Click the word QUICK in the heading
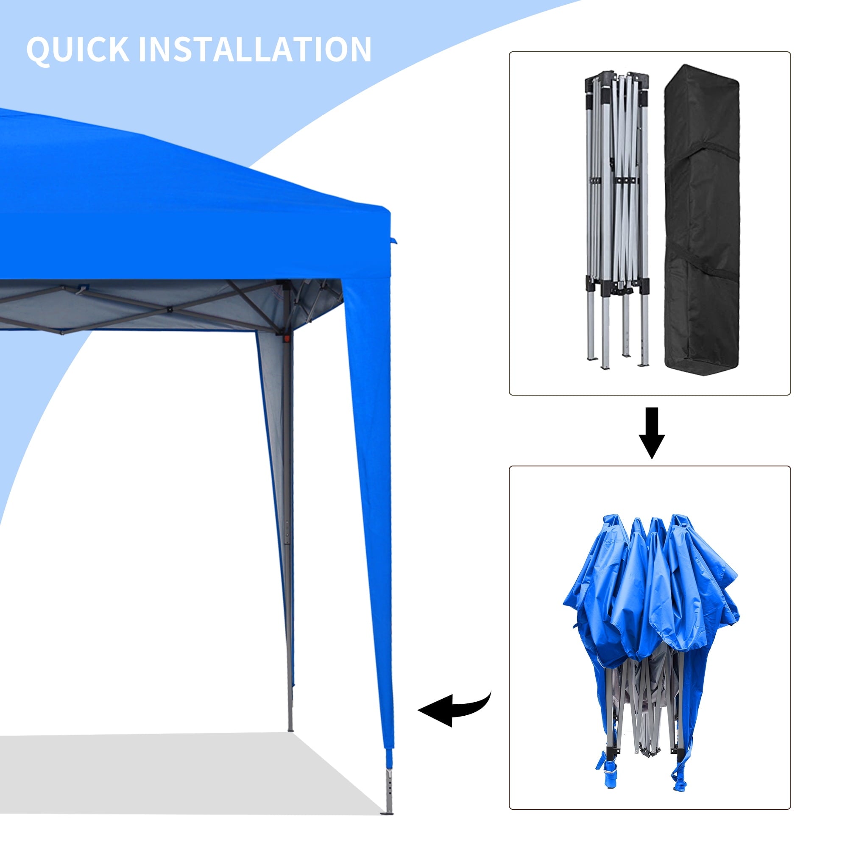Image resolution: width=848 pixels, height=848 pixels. (x=78, y=49)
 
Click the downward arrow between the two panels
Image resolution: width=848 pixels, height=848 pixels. (x=652, y=433)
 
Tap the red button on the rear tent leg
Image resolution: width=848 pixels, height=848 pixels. (x=287, y=338)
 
